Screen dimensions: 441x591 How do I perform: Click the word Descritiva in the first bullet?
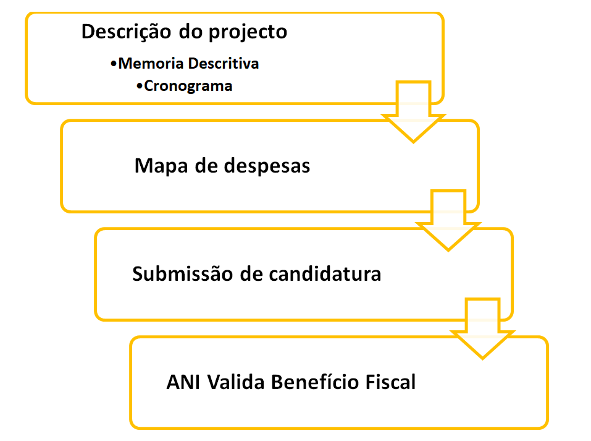click(x=224, y=63)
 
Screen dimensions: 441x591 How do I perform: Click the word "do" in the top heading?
click(x=188, y=32)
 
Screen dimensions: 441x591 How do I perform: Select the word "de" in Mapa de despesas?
click(x=207, y=166)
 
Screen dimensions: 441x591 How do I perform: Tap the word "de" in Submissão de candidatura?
click(x=251, y=273)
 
